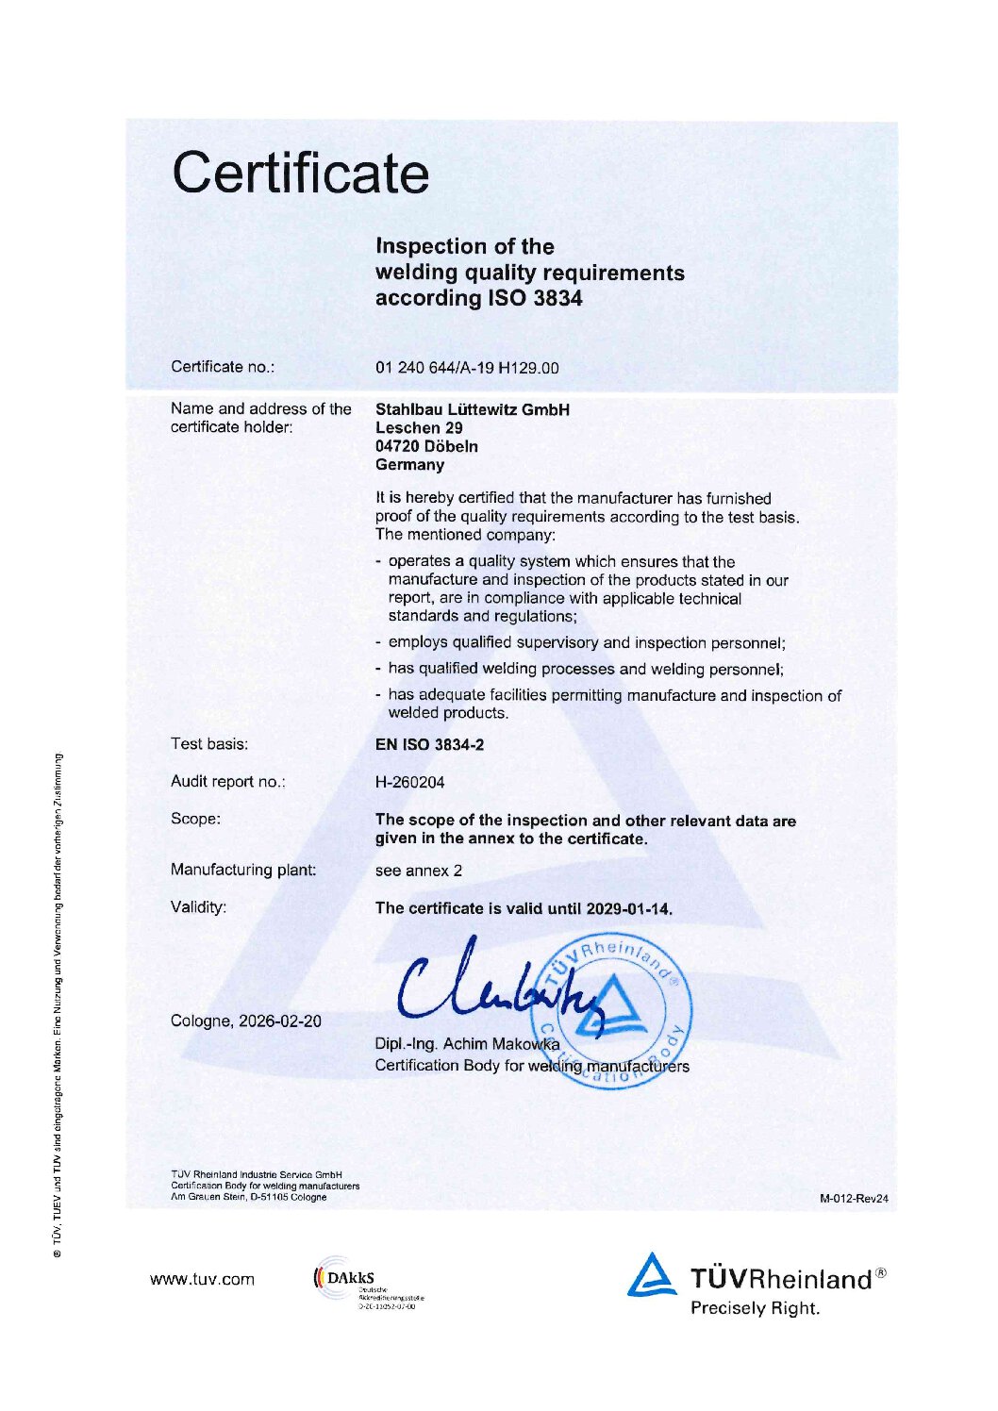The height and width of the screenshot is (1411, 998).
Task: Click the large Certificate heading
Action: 300,173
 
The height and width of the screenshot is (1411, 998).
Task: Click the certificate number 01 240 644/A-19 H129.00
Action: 466,368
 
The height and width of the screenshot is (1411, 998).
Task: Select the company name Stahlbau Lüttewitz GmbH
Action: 472,409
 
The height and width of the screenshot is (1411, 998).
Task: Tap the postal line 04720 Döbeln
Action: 426,446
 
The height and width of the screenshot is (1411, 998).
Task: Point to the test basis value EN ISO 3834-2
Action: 429,744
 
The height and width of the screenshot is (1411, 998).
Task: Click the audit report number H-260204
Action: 409,782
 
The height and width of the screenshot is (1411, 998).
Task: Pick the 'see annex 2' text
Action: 418,871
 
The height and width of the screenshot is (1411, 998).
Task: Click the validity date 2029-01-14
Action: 627,908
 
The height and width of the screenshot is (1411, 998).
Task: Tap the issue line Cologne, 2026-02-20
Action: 245,1021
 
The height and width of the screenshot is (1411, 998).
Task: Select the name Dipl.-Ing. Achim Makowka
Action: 467,1044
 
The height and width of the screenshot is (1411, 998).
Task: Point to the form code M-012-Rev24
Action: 854,1199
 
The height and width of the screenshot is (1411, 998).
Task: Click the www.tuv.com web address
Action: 202,1279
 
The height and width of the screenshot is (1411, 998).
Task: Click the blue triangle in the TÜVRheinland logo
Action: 652,1274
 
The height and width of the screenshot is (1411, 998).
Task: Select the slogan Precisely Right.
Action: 755,1308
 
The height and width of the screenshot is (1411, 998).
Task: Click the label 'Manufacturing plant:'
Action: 243,870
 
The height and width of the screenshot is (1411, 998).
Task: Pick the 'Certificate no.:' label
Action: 223,367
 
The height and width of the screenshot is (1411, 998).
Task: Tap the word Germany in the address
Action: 409,465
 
